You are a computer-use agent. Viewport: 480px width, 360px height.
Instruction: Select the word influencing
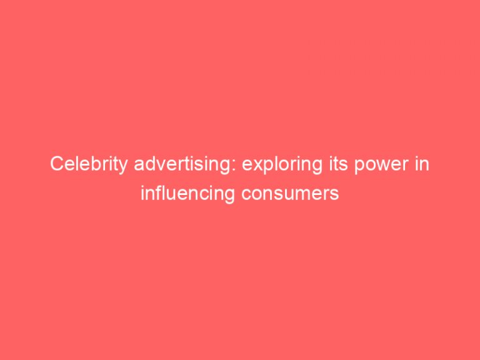click(x=185, y=194)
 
